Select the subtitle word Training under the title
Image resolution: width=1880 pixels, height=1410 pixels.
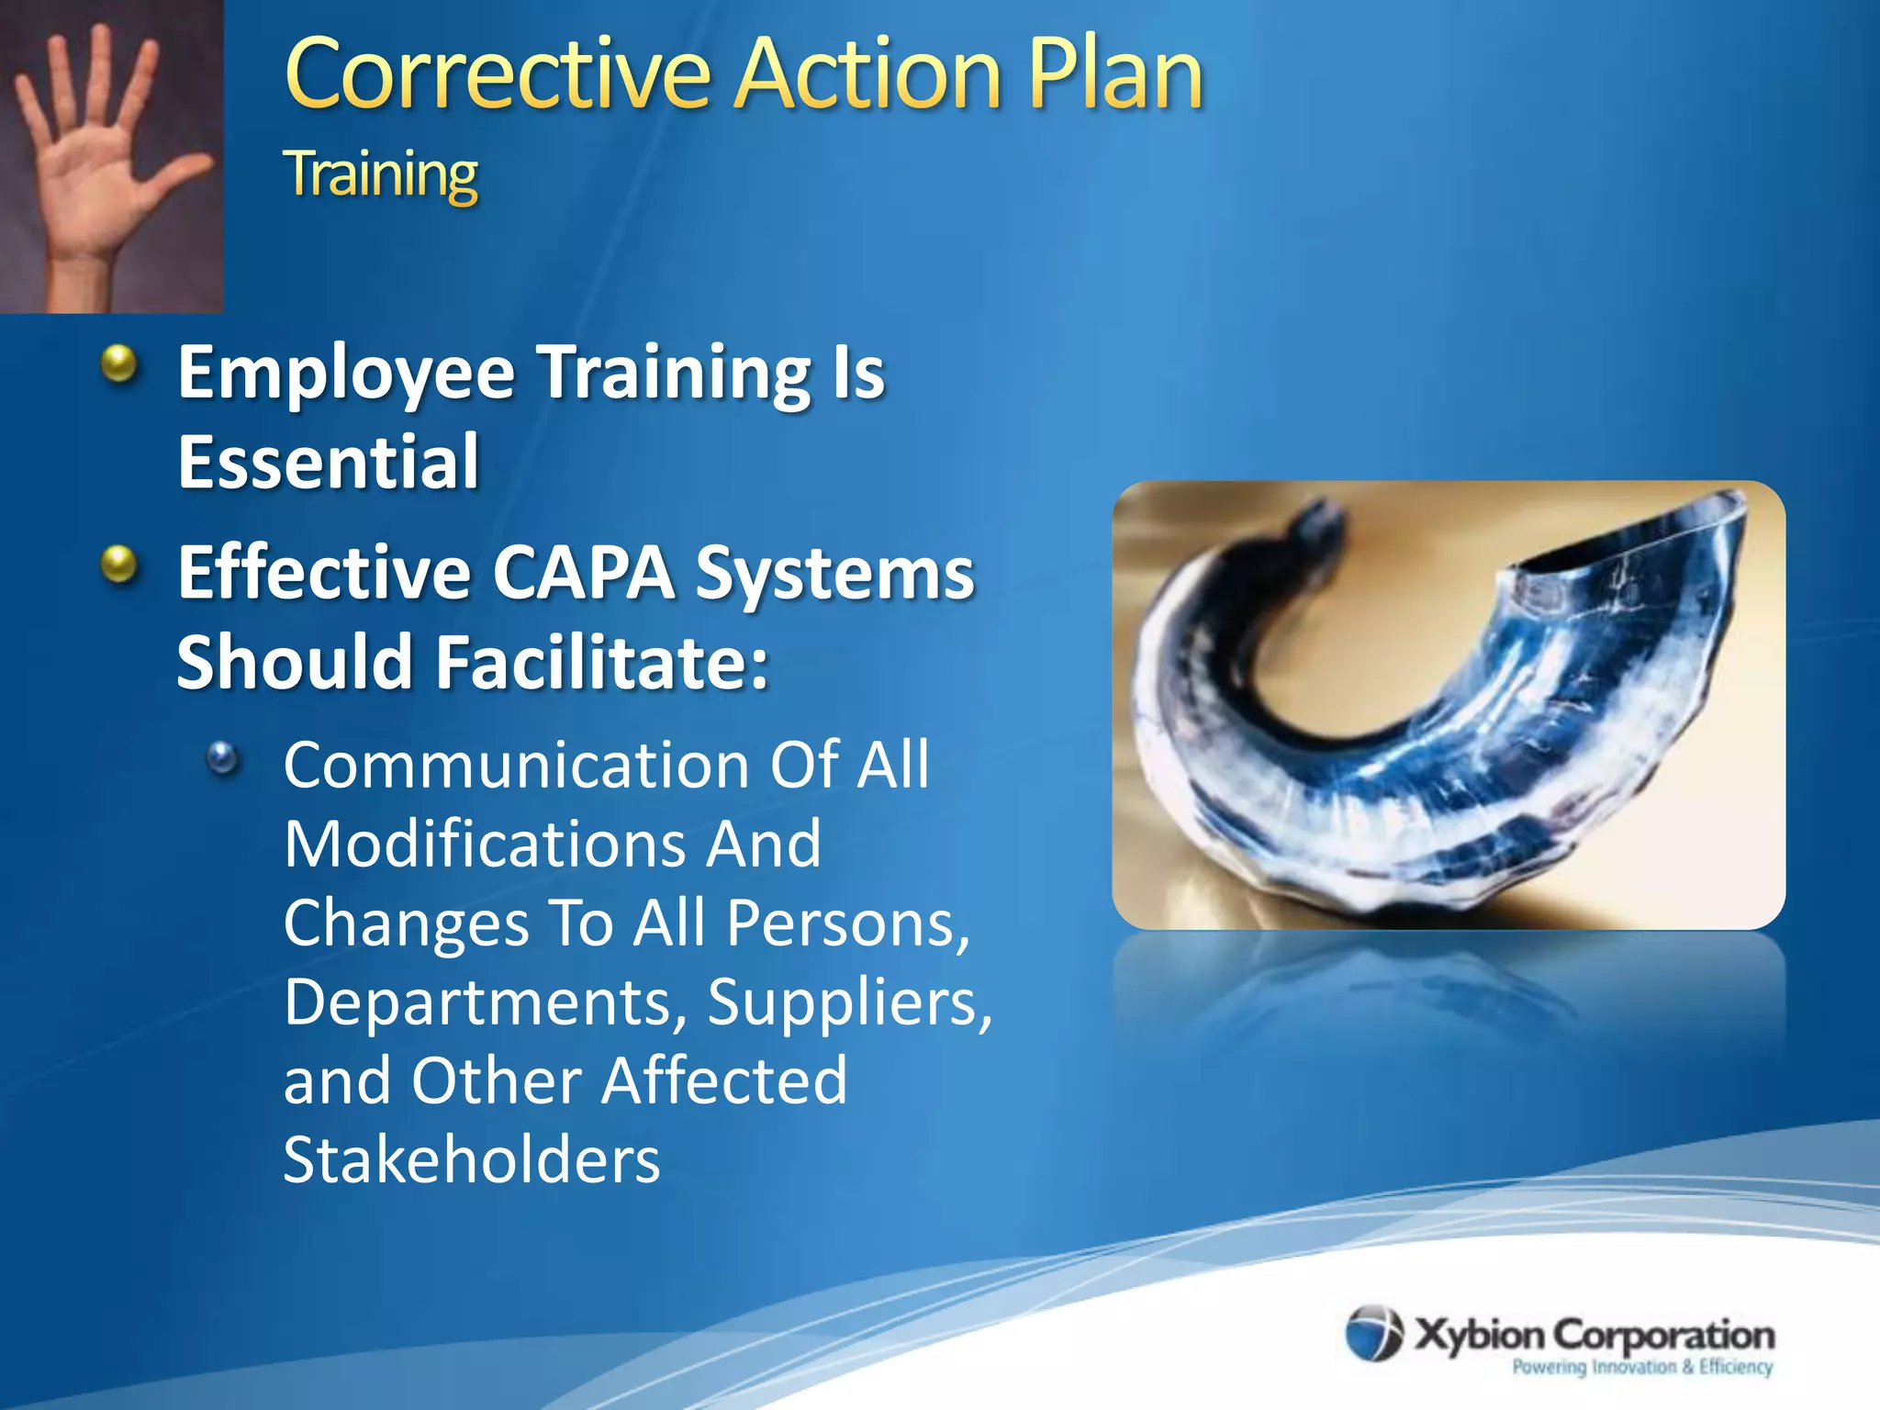click(381, 174)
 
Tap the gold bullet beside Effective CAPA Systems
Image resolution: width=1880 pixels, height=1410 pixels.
click(119, 565)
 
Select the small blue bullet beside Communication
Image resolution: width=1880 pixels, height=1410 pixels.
click(222, 758)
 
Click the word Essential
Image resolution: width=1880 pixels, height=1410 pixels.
click(328, 462)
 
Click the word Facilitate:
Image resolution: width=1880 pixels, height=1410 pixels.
click(601, 663)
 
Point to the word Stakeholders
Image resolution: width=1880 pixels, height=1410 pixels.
click(471, 1160)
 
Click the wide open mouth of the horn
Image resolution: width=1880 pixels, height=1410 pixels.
click(1634, 542)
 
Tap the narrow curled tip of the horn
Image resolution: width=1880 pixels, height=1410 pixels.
click(1308, 523)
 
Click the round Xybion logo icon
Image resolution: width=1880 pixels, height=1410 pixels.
click(1373, 1333)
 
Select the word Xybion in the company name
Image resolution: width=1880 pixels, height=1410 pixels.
click(1479, 1334)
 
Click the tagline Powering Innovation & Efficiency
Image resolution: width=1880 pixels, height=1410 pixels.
click(1641, 1367)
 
